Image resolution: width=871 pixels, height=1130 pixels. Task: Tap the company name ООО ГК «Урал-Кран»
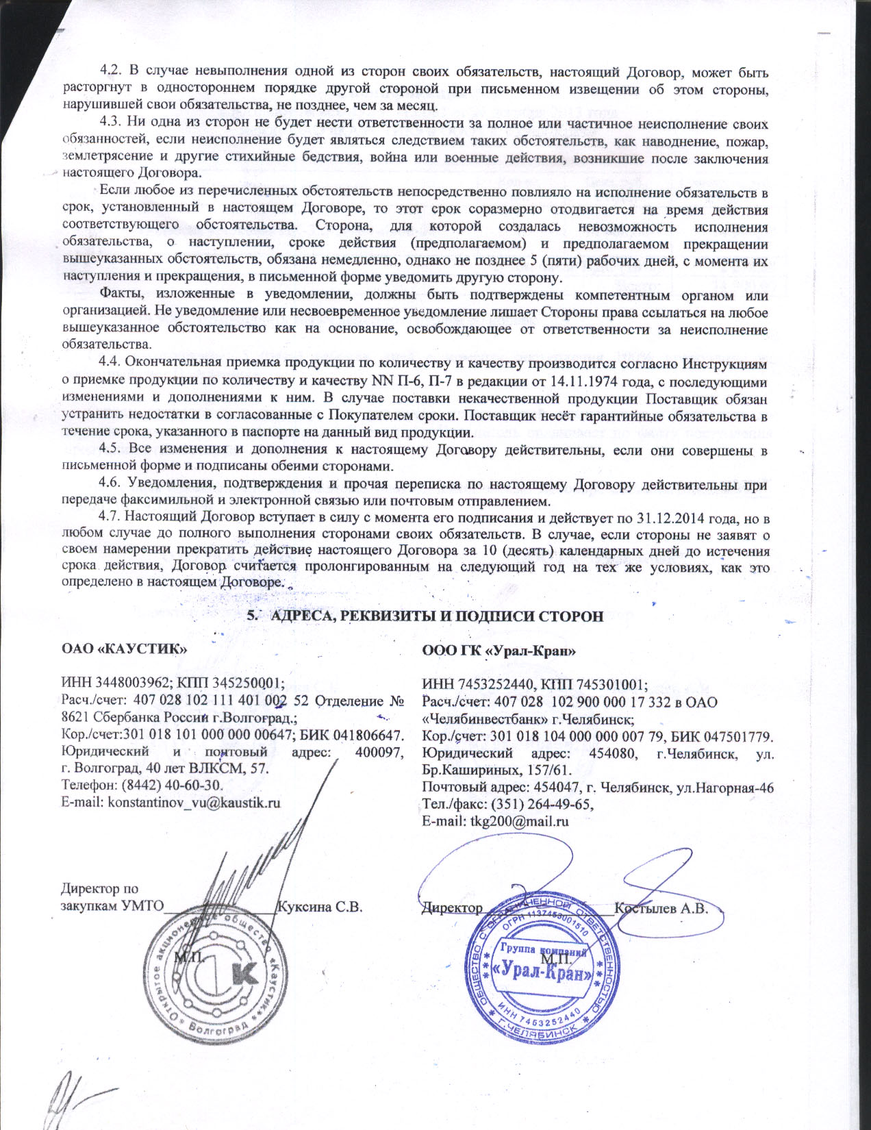[x=498, y=651]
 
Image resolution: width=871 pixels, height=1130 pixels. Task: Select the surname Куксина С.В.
[x=319, y=907]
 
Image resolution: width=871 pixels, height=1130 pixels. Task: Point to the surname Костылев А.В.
[x=661, y=908]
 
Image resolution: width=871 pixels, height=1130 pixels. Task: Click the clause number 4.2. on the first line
[x=110, y=72]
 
